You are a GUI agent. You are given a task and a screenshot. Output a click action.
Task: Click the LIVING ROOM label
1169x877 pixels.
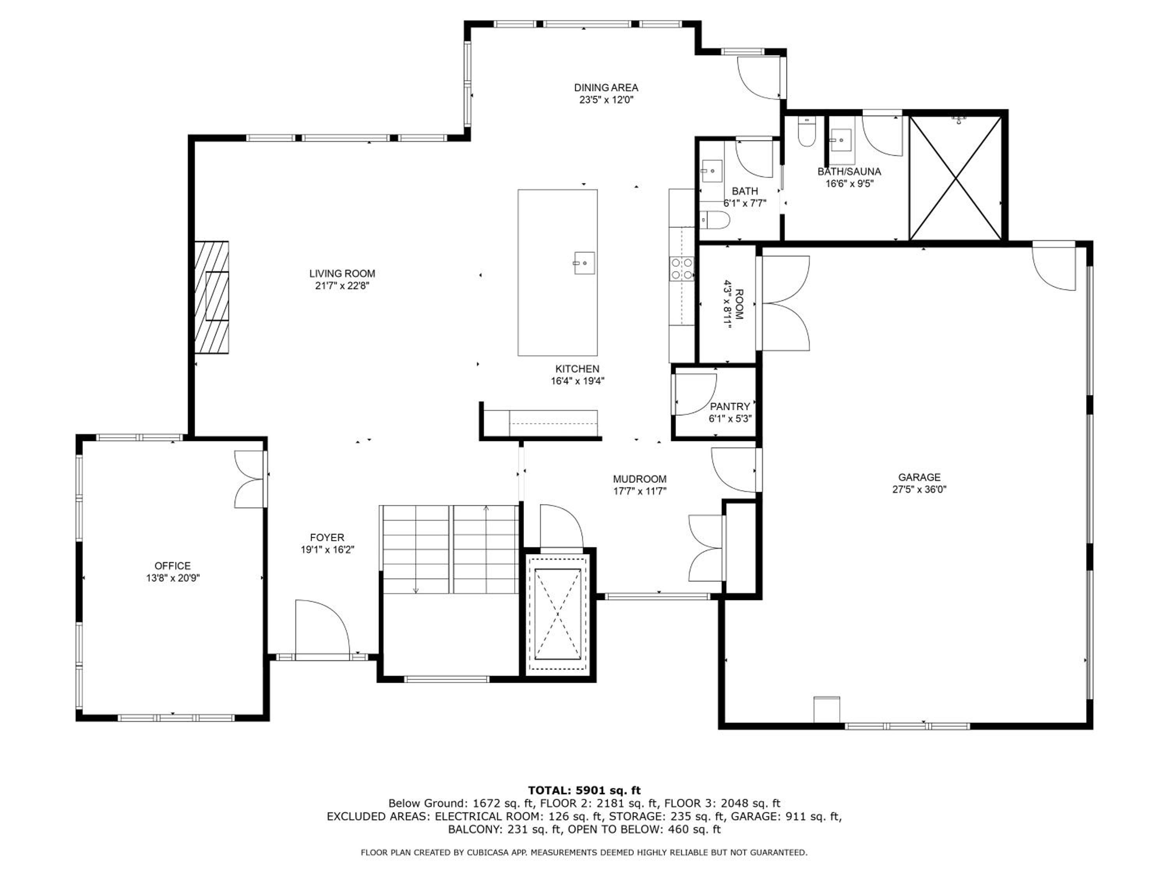pos(342,273)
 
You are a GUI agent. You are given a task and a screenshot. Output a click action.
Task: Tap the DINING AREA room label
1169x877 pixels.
pos(606,88)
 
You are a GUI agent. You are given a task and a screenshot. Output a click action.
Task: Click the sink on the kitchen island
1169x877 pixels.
pos(584,263)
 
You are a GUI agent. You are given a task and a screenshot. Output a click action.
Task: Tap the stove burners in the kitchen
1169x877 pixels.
pos(681,269)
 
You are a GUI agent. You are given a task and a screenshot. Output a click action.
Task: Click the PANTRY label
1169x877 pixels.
pos(730,407)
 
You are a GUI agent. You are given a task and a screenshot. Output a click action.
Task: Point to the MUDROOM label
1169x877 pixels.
pos(639,479)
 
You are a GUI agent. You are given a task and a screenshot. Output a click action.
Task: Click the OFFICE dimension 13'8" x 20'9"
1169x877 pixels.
pos(173,578)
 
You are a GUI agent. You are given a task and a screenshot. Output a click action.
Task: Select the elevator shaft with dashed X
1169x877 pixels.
pos(558,614)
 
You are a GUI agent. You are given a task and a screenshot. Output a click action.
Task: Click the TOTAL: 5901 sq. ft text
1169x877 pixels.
pos(584,790)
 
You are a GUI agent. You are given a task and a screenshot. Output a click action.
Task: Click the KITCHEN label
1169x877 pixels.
pos(577,369)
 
